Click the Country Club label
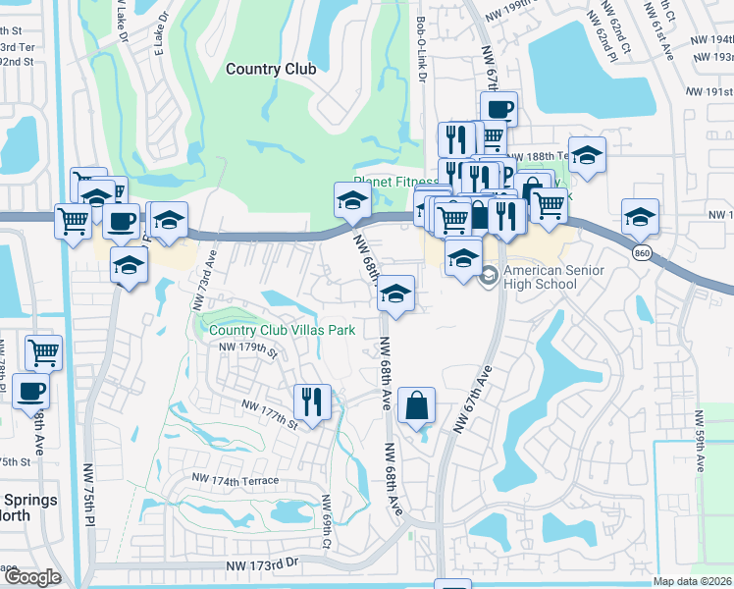pyautogui.click(x=271, y=69)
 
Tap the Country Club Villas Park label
pyautogui.click(x=283, y=331)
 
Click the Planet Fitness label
pyautogui.click(x=395, y=182)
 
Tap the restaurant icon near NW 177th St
pyautogui.click(x=312, y=402)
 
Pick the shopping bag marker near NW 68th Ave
pyautogui.click(x=416, y=404)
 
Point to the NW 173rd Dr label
pyautogui.click(x=261, y=566)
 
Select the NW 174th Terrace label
pyautogui.click(x=236, y=480)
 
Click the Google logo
pyautogui.click(x=31, y=577)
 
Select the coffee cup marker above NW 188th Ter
pyautogui.click(x=498, y=108)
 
